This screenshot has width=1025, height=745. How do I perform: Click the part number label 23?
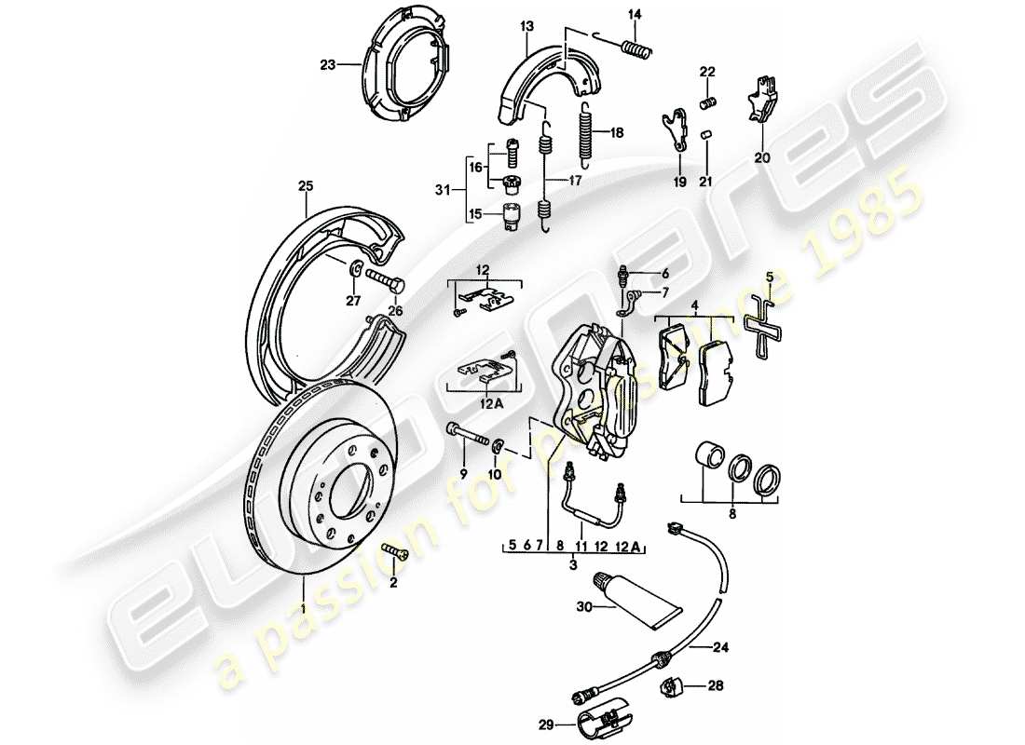coord(327,65)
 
